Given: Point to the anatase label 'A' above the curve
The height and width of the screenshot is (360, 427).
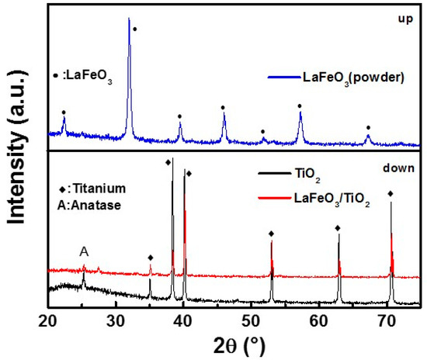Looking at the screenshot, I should coord(83,251).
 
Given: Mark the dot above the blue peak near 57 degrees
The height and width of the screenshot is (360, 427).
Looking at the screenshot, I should coord(300,106).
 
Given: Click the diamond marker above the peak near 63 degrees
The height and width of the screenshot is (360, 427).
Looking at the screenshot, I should coord(338,228).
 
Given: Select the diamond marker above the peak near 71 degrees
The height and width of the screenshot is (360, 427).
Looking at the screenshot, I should coord(391,194).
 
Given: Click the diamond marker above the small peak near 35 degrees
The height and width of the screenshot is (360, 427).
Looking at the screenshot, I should coord(151,257).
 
